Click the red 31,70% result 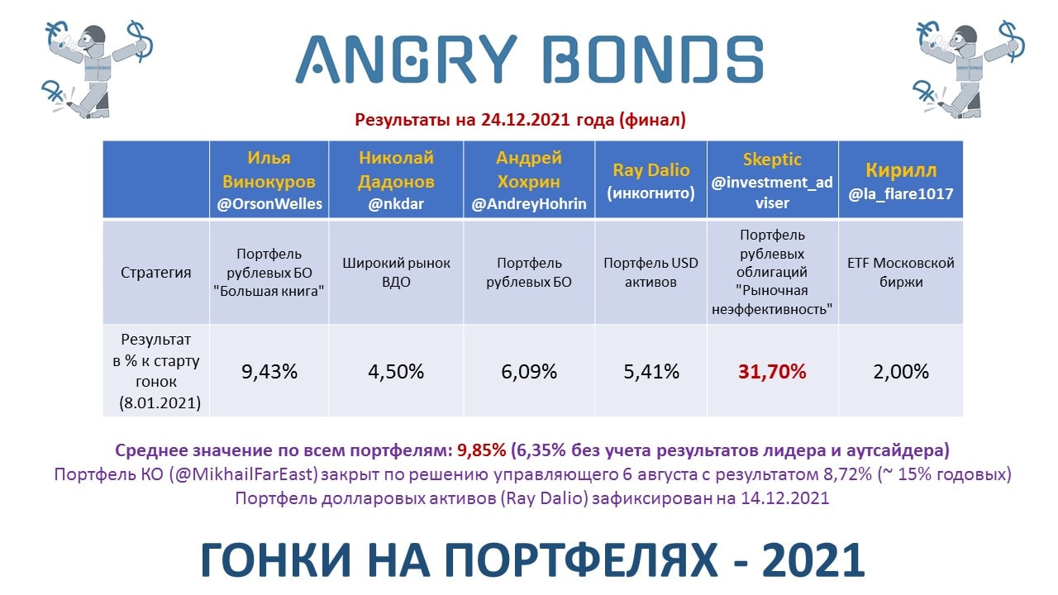772,372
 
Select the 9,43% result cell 269,372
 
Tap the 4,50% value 396,372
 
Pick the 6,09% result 528,372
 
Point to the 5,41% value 651,372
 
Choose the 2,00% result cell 901,372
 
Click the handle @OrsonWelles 269,204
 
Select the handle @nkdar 396,204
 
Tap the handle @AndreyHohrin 528,204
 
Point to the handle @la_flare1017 901,193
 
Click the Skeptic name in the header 772,159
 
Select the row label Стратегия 156,273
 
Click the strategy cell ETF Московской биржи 901,273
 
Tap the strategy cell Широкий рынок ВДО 396,273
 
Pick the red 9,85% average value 481,450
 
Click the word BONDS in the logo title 653,60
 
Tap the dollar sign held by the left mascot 141,41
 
